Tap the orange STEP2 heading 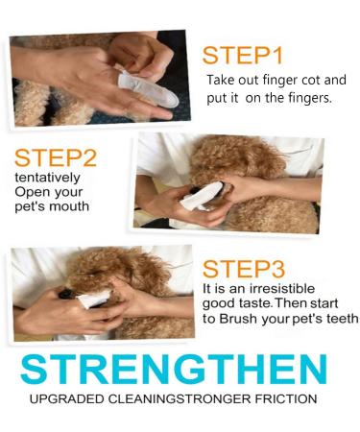coord(55,158)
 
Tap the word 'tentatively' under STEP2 coord(42,178)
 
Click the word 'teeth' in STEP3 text coord(341,319)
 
